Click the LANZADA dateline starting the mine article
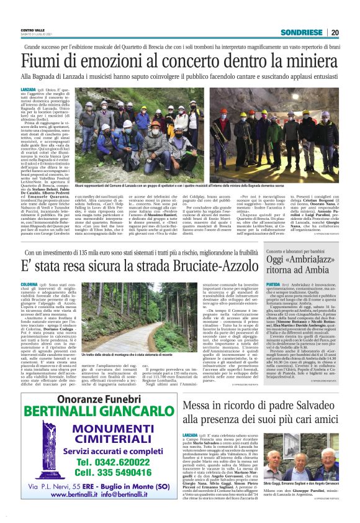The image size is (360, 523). click(27, 91)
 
